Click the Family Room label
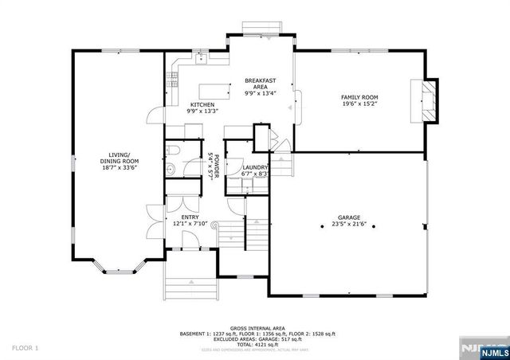tap(359, 96)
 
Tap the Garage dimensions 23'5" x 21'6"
tap(349, 224)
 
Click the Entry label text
tap(190, 217)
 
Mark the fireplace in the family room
tap(428, 100)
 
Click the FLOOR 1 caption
tap(25, 348)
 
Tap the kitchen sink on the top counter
tap(202, 58)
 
